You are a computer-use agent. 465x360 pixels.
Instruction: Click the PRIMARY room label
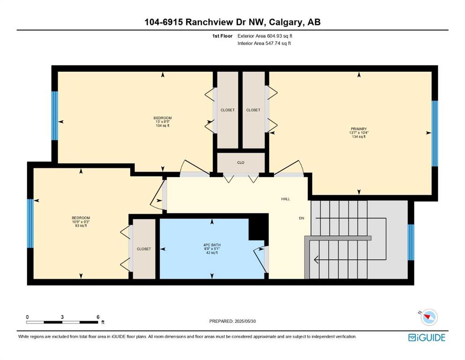[359, 129]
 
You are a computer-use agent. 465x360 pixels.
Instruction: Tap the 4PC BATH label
[212, 245]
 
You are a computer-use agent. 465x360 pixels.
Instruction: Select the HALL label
[286, 199]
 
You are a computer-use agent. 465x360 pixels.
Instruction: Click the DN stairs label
[301, 218]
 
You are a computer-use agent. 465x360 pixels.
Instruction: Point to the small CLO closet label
[241, 163]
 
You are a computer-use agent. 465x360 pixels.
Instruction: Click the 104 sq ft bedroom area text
[162, 126]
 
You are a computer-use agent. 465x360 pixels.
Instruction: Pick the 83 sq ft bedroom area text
[81, 225]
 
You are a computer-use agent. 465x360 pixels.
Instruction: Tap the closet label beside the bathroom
[144, 249]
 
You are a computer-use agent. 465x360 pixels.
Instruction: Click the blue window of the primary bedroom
[435, 134]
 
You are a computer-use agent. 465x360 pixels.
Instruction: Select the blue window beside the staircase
[411, 242]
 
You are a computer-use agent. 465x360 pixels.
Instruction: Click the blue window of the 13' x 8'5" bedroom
[55, 116]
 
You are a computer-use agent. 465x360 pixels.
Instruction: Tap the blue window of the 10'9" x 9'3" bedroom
[30, 224]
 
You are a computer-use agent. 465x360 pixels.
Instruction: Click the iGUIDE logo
[427, 338]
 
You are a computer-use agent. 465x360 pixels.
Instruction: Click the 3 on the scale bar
[62, 317]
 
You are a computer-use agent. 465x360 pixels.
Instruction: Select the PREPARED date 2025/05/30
[245, 321]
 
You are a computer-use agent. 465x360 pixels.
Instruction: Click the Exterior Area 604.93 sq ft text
[265, 36]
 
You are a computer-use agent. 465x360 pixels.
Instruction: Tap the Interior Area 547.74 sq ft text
[264, 43]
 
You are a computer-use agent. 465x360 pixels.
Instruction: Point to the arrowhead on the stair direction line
[316, 260]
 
